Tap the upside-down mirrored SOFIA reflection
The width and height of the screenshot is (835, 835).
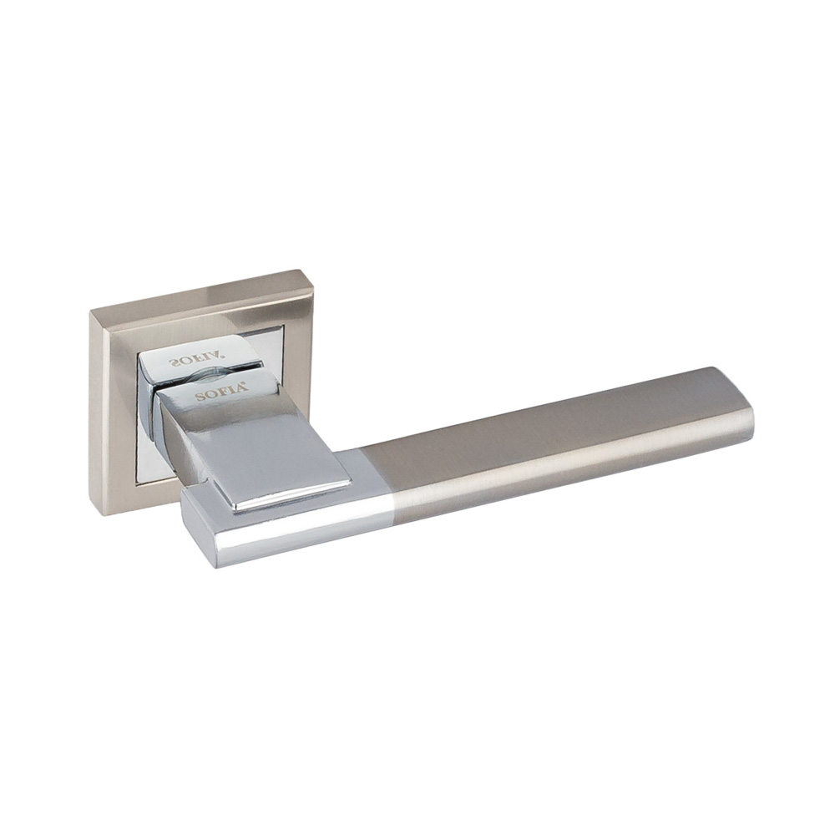tap(197, 361)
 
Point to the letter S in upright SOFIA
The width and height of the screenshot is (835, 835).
tap(200, 397)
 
